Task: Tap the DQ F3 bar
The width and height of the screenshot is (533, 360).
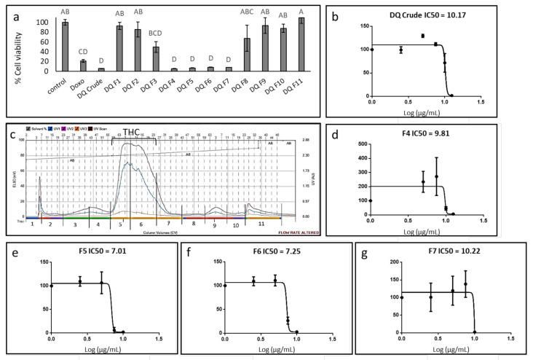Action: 135,59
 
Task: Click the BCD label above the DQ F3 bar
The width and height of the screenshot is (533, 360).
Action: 135,33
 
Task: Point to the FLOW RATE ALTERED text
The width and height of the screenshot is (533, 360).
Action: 296,232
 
